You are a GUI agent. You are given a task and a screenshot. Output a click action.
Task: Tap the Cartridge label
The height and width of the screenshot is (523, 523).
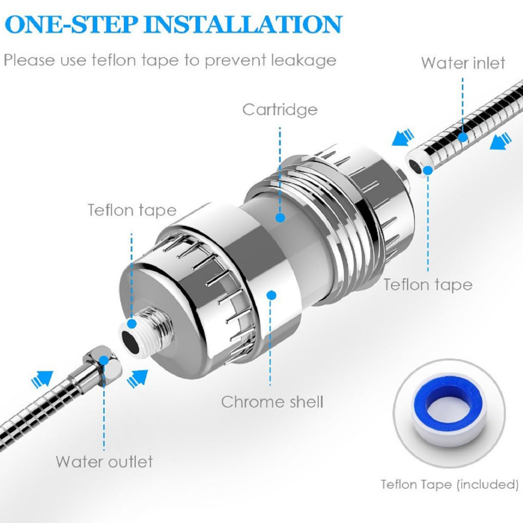pyautogui.click(x=280, y=110)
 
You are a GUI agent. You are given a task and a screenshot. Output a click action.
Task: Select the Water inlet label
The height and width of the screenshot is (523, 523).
pyautogui.click(x=463, y=63)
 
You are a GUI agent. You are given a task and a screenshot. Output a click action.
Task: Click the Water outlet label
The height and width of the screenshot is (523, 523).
pyautogui.click(x=104, y=462)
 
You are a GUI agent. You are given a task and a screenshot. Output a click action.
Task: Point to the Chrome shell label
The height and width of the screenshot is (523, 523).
pyautogui.click(x=272, y=402)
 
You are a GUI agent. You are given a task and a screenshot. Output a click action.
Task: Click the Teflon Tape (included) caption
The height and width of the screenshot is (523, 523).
pyautogui.click(x=450, y=484)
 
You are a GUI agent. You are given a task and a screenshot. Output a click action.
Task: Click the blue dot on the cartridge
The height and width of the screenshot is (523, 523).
pyautogui.click(x=280, y=218)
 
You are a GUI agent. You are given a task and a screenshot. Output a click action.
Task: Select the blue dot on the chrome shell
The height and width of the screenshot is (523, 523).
pyautogui.click(x=271, y=295)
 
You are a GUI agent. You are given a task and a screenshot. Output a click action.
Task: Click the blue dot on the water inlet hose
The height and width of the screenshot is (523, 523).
pyautogui.click(x=463, y=137)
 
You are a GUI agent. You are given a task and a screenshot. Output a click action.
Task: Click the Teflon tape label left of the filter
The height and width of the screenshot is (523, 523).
pyautogui.click(x=132, y=210)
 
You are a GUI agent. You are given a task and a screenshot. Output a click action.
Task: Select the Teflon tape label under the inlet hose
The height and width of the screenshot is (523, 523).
pyautogui.click(x=428, y=284)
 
